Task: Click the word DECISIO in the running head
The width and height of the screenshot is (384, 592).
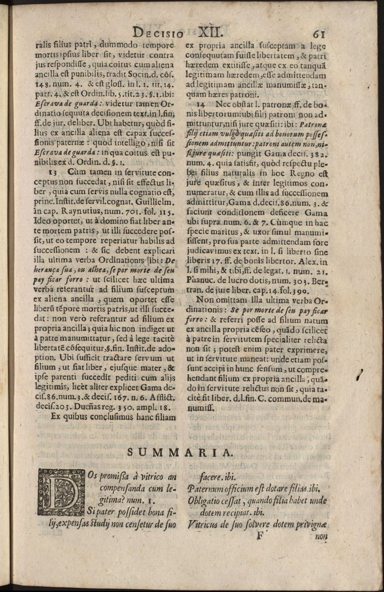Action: [158, 33]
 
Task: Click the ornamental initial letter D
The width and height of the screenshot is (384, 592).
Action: [61, 492]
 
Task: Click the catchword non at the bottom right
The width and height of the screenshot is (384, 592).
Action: [321, 536]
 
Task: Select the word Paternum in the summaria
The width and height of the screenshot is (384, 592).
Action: [205, 490]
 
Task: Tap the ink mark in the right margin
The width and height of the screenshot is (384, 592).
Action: [361, 375]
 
